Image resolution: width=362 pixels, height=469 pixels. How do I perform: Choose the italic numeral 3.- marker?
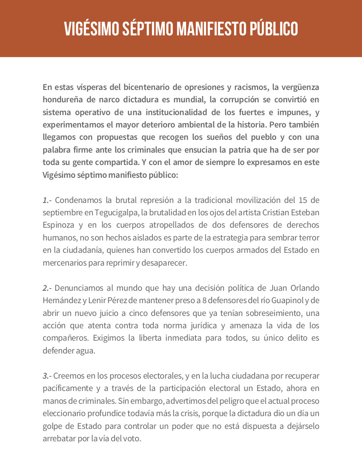47,376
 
